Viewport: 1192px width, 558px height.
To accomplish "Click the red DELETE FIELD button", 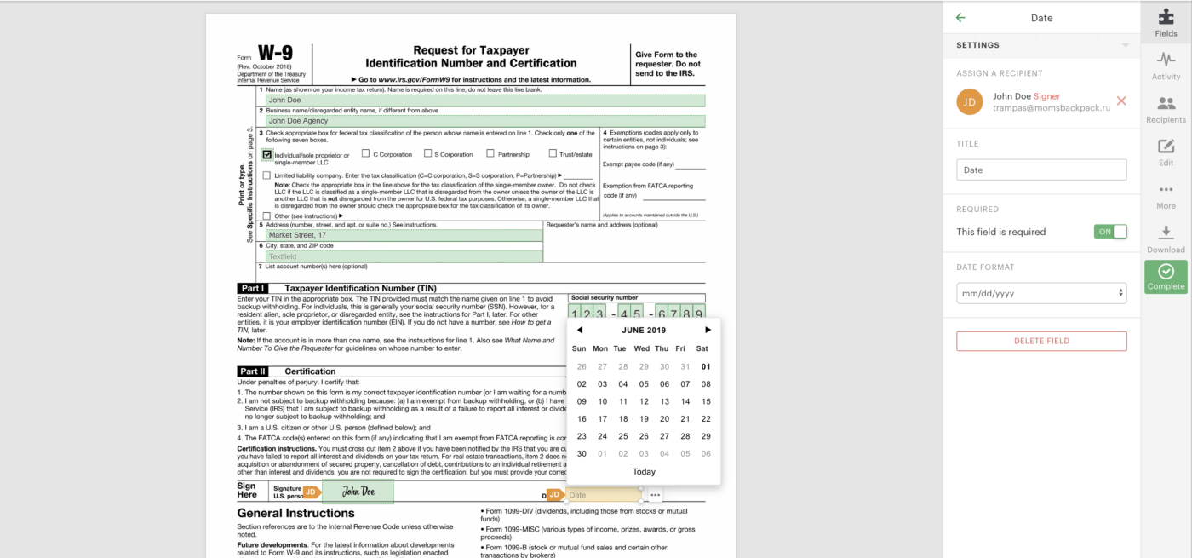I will tap(1041, 341).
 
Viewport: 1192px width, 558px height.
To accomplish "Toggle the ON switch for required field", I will tap(1110, 232).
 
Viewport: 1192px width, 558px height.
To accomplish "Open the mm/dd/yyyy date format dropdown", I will tap(1041, 293).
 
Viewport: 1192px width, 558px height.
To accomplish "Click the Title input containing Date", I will tap(1041, 170).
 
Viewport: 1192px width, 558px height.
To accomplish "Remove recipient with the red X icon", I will tap(1121, 101).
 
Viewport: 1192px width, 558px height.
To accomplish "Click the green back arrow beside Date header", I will tap(961, 18).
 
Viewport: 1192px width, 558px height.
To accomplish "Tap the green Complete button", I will tap(1166, 277).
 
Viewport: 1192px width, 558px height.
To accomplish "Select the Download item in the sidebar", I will tap(1166, 239).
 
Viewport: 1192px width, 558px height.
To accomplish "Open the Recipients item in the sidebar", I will tap(1166, 110).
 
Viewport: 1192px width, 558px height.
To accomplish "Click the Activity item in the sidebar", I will tap(1166, 66).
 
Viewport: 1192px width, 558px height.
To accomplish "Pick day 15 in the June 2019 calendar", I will tap(706, 401).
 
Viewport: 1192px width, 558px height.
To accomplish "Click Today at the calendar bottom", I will tap(644, 472).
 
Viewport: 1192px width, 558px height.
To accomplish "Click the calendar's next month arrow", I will tap(708, 330).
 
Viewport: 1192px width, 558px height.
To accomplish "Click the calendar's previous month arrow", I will tap(580, 330).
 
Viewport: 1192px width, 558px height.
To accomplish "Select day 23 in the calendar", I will tap(582, 436).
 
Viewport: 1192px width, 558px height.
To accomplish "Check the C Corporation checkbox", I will tap(365, 154).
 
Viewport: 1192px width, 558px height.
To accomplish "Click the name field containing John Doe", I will tap(485, 101).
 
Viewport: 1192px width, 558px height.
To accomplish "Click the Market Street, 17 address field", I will tap(404, 235).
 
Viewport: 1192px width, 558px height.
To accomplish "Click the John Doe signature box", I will tap(358, 492).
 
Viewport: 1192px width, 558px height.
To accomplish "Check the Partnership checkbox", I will tap(490, 154).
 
